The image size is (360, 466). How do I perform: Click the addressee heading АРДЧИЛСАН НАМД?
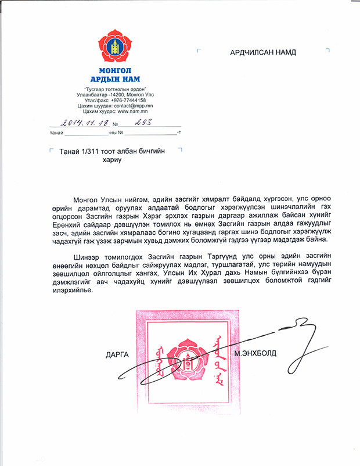[x=263, y=52]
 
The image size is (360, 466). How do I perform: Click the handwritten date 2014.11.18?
[x=84, y=123]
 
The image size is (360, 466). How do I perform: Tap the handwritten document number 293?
[x=142, y=123]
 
